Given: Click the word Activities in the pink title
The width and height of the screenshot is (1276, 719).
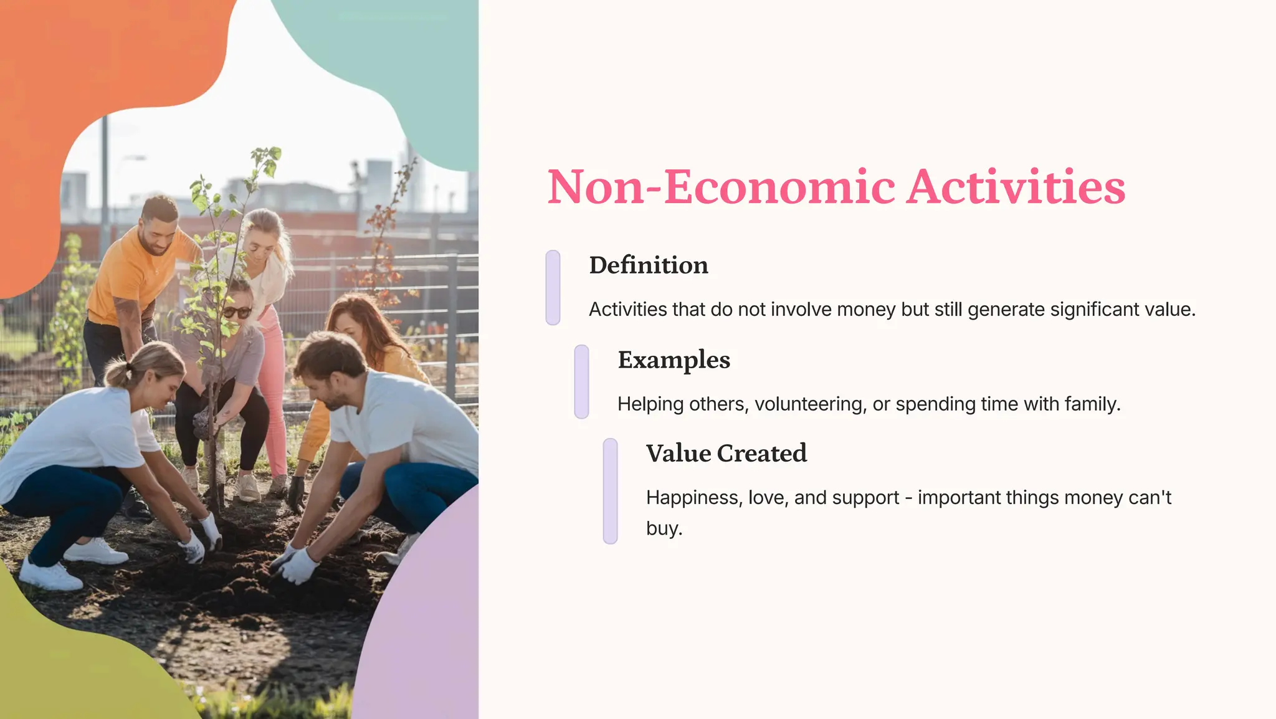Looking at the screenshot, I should [x=1016, y=187].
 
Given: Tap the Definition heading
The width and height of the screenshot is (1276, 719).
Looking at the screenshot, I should [x=649, y=265].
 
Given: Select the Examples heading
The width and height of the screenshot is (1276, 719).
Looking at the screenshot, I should [x=674, y=360].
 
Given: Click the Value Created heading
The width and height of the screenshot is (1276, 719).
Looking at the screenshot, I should [x=726, y=454].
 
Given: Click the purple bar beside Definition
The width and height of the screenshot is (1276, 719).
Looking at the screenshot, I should [x=553, y=287].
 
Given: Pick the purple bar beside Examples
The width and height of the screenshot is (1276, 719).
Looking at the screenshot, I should [x=581, y=381].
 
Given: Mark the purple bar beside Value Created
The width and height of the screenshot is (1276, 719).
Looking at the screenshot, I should [x=610, y=491].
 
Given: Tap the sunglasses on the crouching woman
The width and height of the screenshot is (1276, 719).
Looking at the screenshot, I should [x=237, y=312].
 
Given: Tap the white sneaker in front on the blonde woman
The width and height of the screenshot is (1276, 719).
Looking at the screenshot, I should [x=50, y=576].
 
